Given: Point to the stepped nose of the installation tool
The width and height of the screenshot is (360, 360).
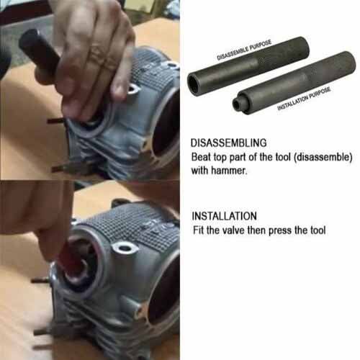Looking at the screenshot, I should point(238,106).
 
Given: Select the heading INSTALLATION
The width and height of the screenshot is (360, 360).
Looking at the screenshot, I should point(223,216).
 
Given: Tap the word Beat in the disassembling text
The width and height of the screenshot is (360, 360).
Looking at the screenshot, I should point(202,156).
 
